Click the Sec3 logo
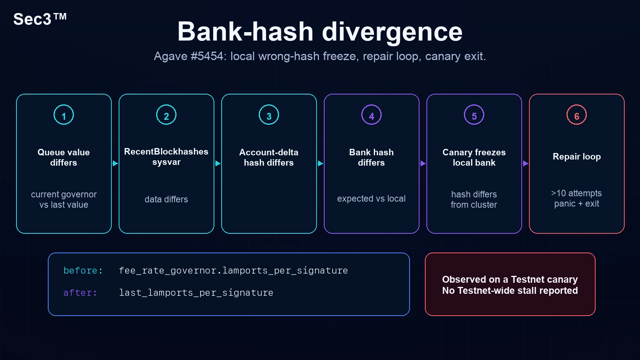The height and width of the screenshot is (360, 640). pos(40,19)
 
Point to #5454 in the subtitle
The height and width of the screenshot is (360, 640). pos(207,56)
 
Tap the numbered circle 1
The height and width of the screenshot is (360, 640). pos(64,115)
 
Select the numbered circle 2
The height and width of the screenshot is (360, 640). pos(166,115)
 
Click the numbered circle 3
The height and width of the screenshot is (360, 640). pos(269,115)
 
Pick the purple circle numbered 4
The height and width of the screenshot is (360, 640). pos(371,115)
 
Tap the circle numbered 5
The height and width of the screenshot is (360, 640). pos(474,115)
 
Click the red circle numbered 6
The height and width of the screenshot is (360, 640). pos(576,115)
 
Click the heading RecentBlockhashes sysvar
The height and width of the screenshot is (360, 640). pos(166,157)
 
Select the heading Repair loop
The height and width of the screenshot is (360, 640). pos(576,156)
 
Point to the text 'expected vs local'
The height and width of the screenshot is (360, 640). pos(371,199)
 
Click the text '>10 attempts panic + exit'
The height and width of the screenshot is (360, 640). pos(576,199)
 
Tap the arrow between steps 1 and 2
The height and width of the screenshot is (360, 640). pos(115,163)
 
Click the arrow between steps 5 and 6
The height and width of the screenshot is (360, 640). pos(526,163)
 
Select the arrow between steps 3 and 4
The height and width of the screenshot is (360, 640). pos(320,163)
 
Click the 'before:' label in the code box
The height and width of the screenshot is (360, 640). pos(83,270)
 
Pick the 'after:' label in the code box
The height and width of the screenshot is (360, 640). pos(80,293)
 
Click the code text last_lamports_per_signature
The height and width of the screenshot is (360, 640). pos(196,293)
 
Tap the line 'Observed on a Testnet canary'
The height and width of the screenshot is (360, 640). pos(510,279)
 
